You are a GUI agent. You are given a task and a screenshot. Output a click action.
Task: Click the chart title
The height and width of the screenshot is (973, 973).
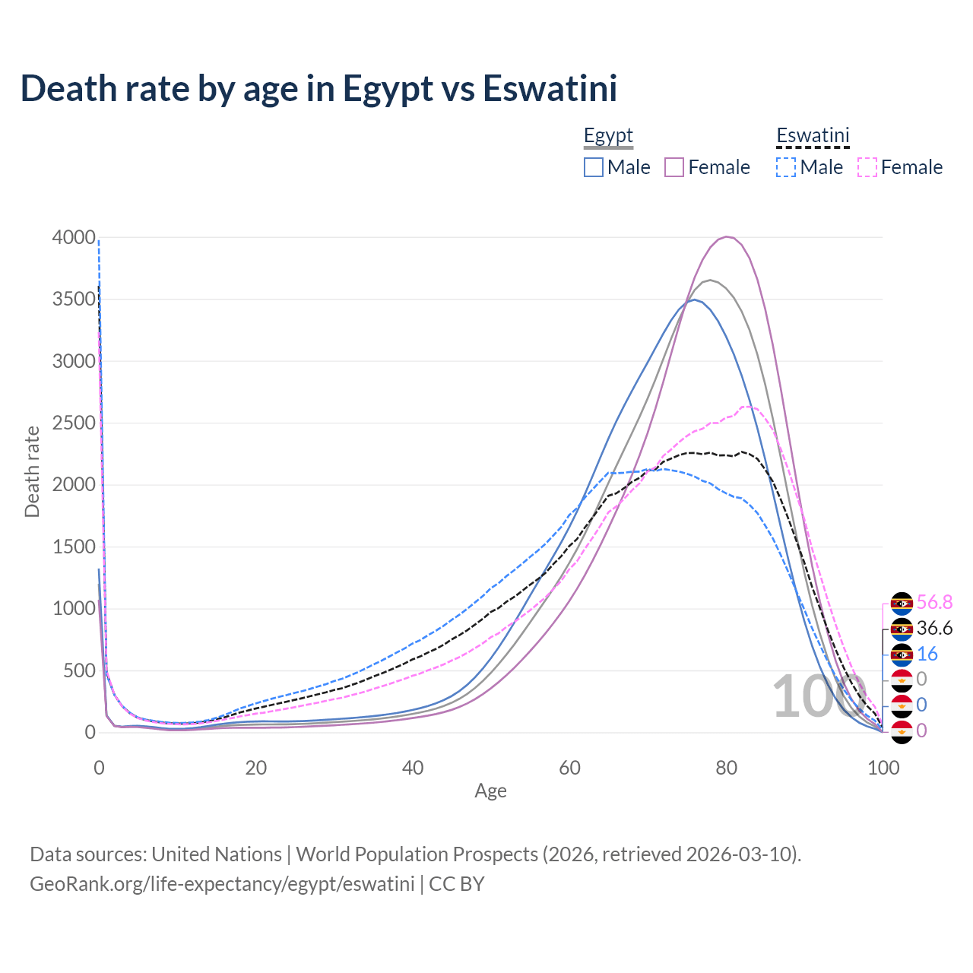pyautogui.click(x=319, y=88)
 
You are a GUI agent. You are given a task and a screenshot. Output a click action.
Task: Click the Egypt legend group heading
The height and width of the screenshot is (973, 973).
pyautogui.click(x=608, y=135)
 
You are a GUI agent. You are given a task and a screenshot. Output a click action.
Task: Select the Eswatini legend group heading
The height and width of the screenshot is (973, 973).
pyautogui.click(x=813, y=135)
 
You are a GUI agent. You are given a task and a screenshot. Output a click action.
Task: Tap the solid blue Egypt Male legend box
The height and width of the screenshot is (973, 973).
pyautogui.click(x=594, y=167)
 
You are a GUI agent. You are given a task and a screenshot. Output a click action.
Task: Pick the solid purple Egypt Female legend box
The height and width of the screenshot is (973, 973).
pyautogui.click(x=675, y=167)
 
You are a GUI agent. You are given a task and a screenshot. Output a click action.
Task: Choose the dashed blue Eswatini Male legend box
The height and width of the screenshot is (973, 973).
pyautogui.click(x=786, y=167)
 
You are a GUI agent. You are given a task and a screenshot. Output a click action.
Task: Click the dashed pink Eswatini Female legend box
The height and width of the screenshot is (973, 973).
pyautogui.click(x=867, y=167)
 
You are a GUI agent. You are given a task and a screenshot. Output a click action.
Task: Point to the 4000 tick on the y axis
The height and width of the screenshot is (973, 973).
pyautogui.click(x=74, y=237)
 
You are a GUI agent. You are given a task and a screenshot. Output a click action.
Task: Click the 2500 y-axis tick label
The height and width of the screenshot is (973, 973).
pyautogui.click(x=74, y=423)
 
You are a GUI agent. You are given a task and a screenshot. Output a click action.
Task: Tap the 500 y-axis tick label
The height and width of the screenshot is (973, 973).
pyautogui.click(x=79, y=670)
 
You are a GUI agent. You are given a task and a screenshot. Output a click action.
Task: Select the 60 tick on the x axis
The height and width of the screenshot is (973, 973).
pyautogui.click(x=569, y=768)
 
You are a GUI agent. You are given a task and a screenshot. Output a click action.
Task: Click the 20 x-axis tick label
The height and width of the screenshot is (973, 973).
pyautogui.click(x=255, y=768)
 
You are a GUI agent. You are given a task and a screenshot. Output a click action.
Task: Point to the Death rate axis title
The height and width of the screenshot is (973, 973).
pyautogui.click(x=32, y=471)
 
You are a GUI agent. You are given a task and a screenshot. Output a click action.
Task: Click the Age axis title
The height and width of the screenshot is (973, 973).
pyautogui.click(x=490, y=791)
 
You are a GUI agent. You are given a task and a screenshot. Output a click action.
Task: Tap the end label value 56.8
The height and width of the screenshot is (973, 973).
pyautogui.click(x=934, y=602)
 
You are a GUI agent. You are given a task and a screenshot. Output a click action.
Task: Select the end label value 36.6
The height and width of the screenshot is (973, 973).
pyautogui.click(x=934, y=628)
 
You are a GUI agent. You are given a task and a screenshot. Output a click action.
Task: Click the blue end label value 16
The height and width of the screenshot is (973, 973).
pyautogui.click(x=927, y=654)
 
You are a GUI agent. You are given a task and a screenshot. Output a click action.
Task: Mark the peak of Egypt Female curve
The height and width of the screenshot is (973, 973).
pyautogui.click(x=727, y=236)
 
